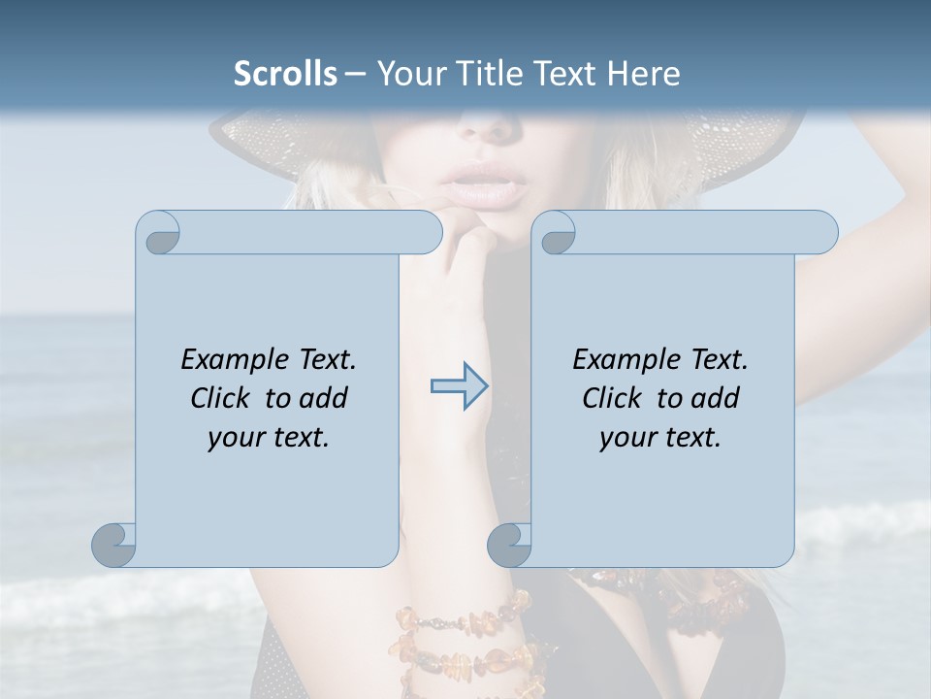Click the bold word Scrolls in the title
tap(286, 74)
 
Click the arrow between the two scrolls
tap(460, 386)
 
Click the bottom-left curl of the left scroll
tap(114, 545)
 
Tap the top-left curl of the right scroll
tap(557, 234)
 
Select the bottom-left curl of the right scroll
tap(509, 545)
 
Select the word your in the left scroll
tap(233, 438)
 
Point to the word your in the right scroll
tap(625, 438)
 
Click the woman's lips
tap(484, 183)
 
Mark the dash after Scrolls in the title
tap(355, 74)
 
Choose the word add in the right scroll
tap(716, 398)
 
